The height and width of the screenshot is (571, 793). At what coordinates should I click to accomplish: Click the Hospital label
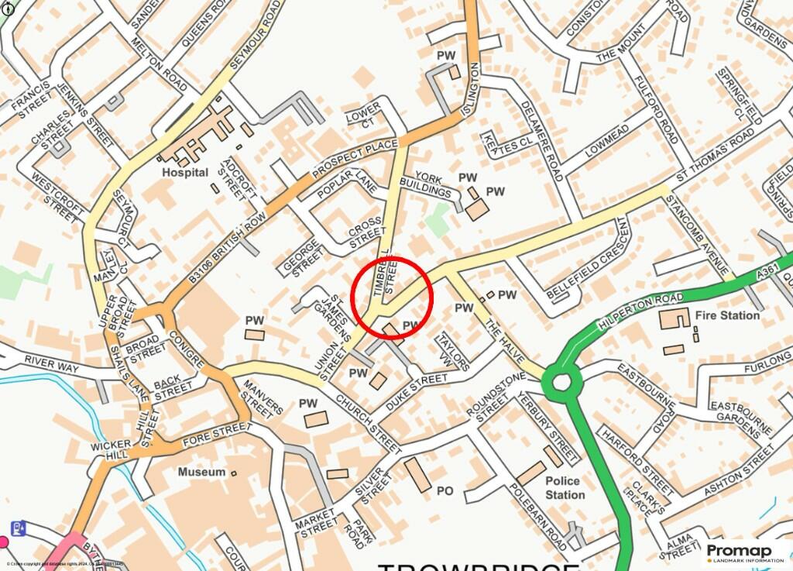click(x=185, y=172)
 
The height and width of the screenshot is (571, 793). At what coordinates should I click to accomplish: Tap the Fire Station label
click(x=728, y=315)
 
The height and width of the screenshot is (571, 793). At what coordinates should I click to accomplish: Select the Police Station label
click(x=565, y=487)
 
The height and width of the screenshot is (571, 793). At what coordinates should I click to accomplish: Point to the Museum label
click(x=201, y=472)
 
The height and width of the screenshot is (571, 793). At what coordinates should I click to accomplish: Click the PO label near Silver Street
click(x=445, y=490)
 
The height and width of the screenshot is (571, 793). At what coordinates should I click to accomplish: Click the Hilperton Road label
click(x=640, y=311)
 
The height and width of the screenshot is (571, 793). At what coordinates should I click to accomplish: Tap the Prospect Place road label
click(x=354, y=161)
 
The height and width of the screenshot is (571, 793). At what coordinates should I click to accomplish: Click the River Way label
click(x=52, y=361)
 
